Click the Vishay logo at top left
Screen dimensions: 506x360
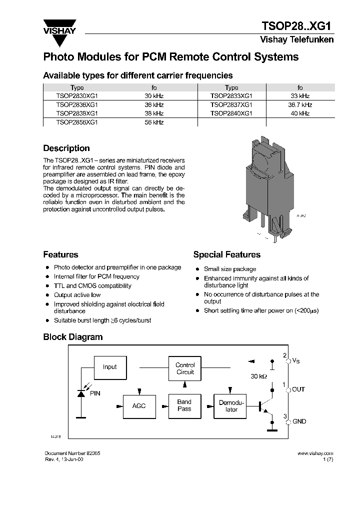pyautogui.click(x=59, y=27)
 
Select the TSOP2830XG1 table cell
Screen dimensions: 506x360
pyautogui.click(x=77, y=96)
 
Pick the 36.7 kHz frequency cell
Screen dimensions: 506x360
pyautogui.click(x=300, y=105)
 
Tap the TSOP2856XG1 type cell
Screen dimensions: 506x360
pyautogui.click(x=77, y=122)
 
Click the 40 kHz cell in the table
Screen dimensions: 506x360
pyautogui.click(x=300, y=113)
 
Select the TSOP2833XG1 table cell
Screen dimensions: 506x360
pyautogui.click(x=231, y=96)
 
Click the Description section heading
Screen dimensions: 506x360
pyautogui.click(x=66, y=148)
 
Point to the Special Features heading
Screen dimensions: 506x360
pyautogui.click(x=226, y=254)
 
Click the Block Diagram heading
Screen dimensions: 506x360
pyautogui.click(x=72, y=337)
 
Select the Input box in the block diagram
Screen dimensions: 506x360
pyautogui.click(x=109, y=367)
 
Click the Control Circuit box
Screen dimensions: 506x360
pyautogui.click(x=185, y=368)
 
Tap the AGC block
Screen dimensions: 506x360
pyautogui.click(x=138, y=405)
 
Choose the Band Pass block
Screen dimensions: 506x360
pyautogui.click(x=184, y=405)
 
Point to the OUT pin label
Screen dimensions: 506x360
pyautogui.click(x=298, y=389)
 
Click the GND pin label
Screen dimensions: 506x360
pyautogui.click(x=299, y=421)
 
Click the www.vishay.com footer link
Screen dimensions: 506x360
pyautogui.click(x=315, y=453)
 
